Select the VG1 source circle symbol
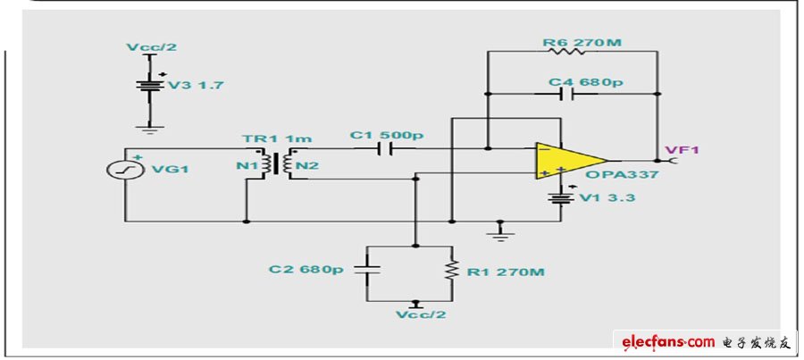125,169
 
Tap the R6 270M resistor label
582,42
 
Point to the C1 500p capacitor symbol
384,149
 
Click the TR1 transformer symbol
278,164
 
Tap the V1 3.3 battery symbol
560,197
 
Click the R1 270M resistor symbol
452,271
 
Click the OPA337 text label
623,174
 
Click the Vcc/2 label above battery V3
151,47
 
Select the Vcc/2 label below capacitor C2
421,314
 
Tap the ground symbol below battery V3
150,129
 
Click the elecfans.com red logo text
668,342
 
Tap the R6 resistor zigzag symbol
572,51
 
